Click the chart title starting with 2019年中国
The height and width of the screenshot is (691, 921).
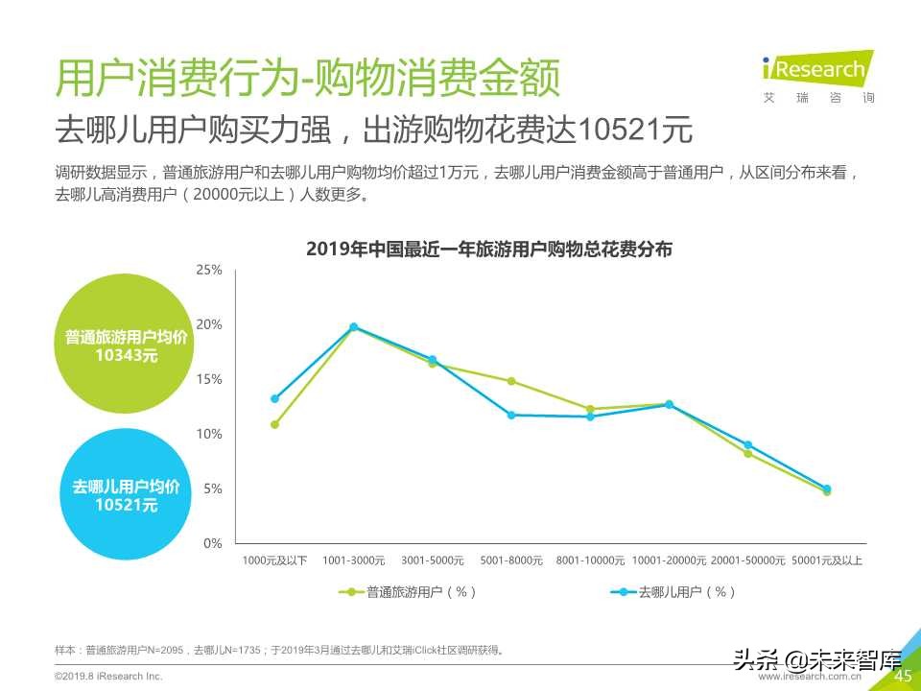(489, 250)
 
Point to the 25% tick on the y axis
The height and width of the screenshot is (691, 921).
(209, 271)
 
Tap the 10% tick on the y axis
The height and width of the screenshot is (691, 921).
(209, 435)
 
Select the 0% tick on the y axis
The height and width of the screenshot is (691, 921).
(212, 543)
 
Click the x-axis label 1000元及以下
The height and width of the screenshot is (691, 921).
(274, 560)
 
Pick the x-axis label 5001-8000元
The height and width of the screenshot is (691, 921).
(511, 560)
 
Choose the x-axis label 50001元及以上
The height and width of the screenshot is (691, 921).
(826, 560)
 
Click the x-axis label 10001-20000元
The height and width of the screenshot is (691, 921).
(670, 560)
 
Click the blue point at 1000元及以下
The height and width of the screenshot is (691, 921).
(274, 398)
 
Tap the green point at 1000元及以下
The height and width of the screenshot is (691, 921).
(274, 424)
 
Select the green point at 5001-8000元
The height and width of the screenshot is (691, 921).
(511, 381)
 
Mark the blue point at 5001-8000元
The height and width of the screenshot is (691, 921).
(511, 416)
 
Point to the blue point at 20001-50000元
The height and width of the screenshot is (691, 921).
(747, 445)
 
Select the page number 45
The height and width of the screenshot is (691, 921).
(902, 677)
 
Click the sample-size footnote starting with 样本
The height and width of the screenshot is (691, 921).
(279, 651)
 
